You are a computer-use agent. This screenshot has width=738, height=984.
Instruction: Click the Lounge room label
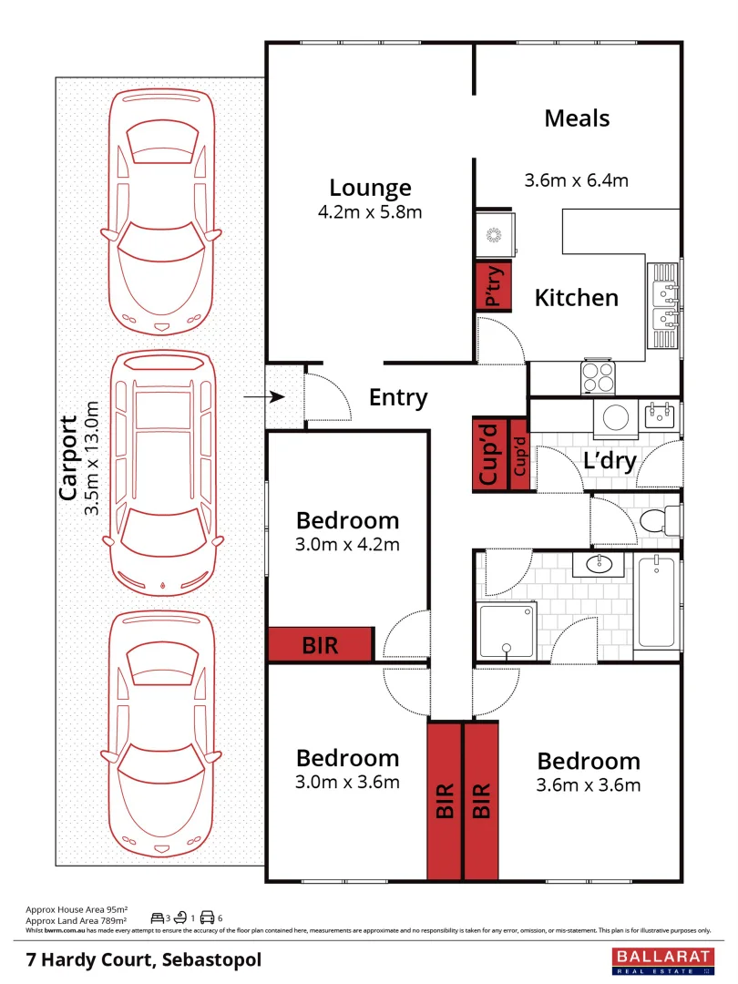370,189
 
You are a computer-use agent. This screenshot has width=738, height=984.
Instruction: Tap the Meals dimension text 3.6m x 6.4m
576,180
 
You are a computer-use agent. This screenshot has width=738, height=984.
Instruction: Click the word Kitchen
576,298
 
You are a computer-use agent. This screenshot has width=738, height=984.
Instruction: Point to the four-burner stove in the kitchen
599,375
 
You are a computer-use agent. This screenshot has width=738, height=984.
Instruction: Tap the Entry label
398,398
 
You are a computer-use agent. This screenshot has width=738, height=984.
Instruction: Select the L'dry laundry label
610,461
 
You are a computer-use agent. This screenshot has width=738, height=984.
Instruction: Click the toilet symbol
660,520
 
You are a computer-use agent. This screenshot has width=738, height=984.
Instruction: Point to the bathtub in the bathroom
656,603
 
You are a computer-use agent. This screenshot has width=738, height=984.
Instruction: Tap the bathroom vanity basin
599,564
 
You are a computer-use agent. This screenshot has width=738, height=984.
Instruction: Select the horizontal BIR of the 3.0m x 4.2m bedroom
320,645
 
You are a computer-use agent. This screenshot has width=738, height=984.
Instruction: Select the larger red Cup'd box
489,454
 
